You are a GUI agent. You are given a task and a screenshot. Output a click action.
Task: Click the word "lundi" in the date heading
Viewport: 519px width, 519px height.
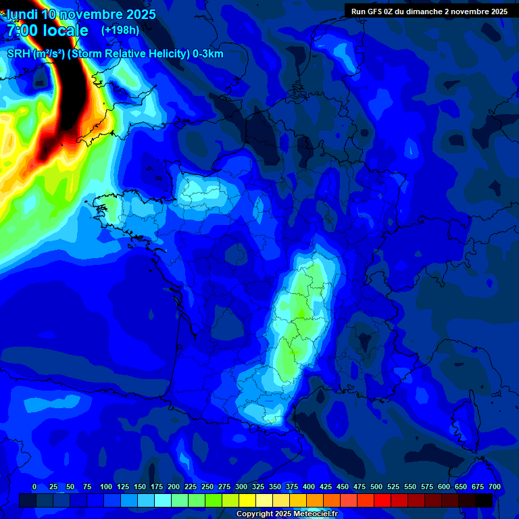point(22,14)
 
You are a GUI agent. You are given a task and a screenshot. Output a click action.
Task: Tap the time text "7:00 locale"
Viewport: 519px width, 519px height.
point(47,30)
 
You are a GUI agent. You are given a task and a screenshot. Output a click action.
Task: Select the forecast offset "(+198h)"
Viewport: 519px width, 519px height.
point(120,30)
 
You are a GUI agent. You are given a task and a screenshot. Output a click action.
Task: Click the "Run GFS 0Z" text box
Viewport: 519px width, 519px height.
point(429,11)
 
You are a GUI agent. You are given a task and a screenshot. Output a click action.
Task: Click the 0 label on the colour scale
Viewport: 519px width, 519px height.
point(34,487)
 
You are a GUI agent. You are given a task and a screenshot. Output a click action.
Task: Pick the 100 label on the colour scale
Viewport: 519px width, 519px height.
point(106,487)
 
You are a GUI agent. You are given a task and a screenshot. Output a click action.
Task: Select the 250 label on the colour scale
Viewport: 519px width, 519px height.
point(207,487)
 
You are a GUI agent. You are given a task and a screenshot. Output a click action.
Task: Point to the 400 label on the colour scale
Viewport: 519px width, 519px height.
point(309,487)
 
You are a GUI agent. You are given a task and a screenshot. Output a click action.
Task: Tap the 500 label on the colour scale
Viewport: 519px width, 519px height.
point(376,487)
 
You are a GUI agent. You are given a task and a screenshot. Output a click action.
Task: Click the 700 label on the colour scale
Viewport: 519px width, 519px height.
point(494,487)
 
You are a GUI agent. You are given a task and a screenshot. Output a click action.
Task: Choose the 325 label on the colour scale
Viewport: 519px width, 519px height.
point(258,487)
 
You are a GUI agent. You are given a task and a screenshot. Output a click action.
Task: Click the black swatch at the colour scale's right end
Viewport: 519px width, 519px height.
point(484,501)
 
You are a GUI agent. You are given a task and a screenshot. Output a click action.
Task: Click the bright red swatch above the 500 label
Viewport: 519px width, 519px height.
point(382,501)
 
